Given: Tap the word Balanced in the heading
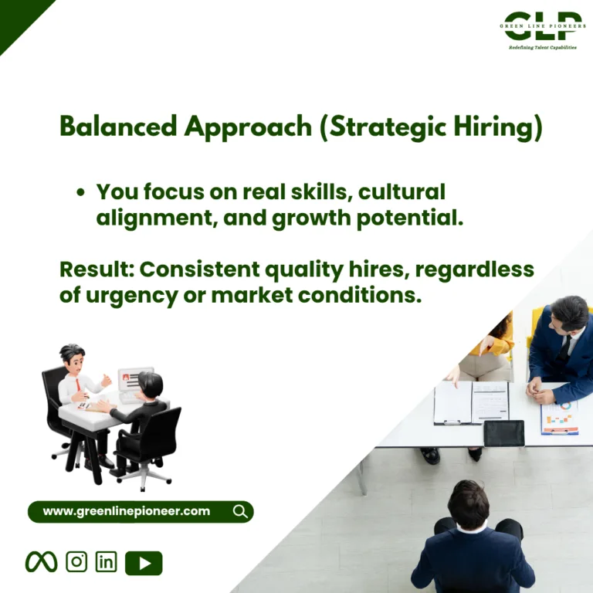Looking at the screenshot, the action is click(x=118, y=126).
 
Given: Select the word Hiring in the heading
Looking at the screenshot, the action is click(x=498, y=127).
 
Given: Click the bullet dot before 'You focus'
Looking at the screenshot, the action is click(x=80, y=192).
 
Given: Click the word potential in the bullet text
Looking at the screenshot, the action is click(x=410, y=219).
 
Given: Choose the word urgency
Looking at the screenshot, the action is click(x=132, y=296).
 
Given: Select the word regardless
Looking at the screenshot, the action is click(x=475, y=269).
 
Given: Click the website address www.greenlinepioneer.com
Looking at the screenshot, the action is click(x=127, y=511).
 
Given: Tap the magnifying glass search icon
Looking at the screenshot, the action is click(x=240, y=511).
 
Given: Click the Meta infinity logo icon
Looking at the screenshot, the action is click(x=41, y=561).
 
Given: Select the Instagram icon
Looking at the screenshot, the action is click(x=76, y=561).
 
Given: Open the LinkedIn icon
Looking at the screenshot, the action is click(x=107, y=561).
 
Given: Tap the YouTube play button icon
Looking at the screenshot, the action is click(x=144, y=563).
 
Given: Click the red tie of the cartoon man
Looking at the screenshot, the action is click(x=78, y=385).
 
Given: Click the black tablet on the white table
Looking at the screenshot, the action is click(x=504, y=433).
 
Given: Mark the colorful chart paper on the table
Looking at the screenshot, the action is click(x=560, y=418).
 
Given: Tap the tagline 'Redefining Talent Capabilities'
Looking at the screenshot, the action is click(x=543, y=47).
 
